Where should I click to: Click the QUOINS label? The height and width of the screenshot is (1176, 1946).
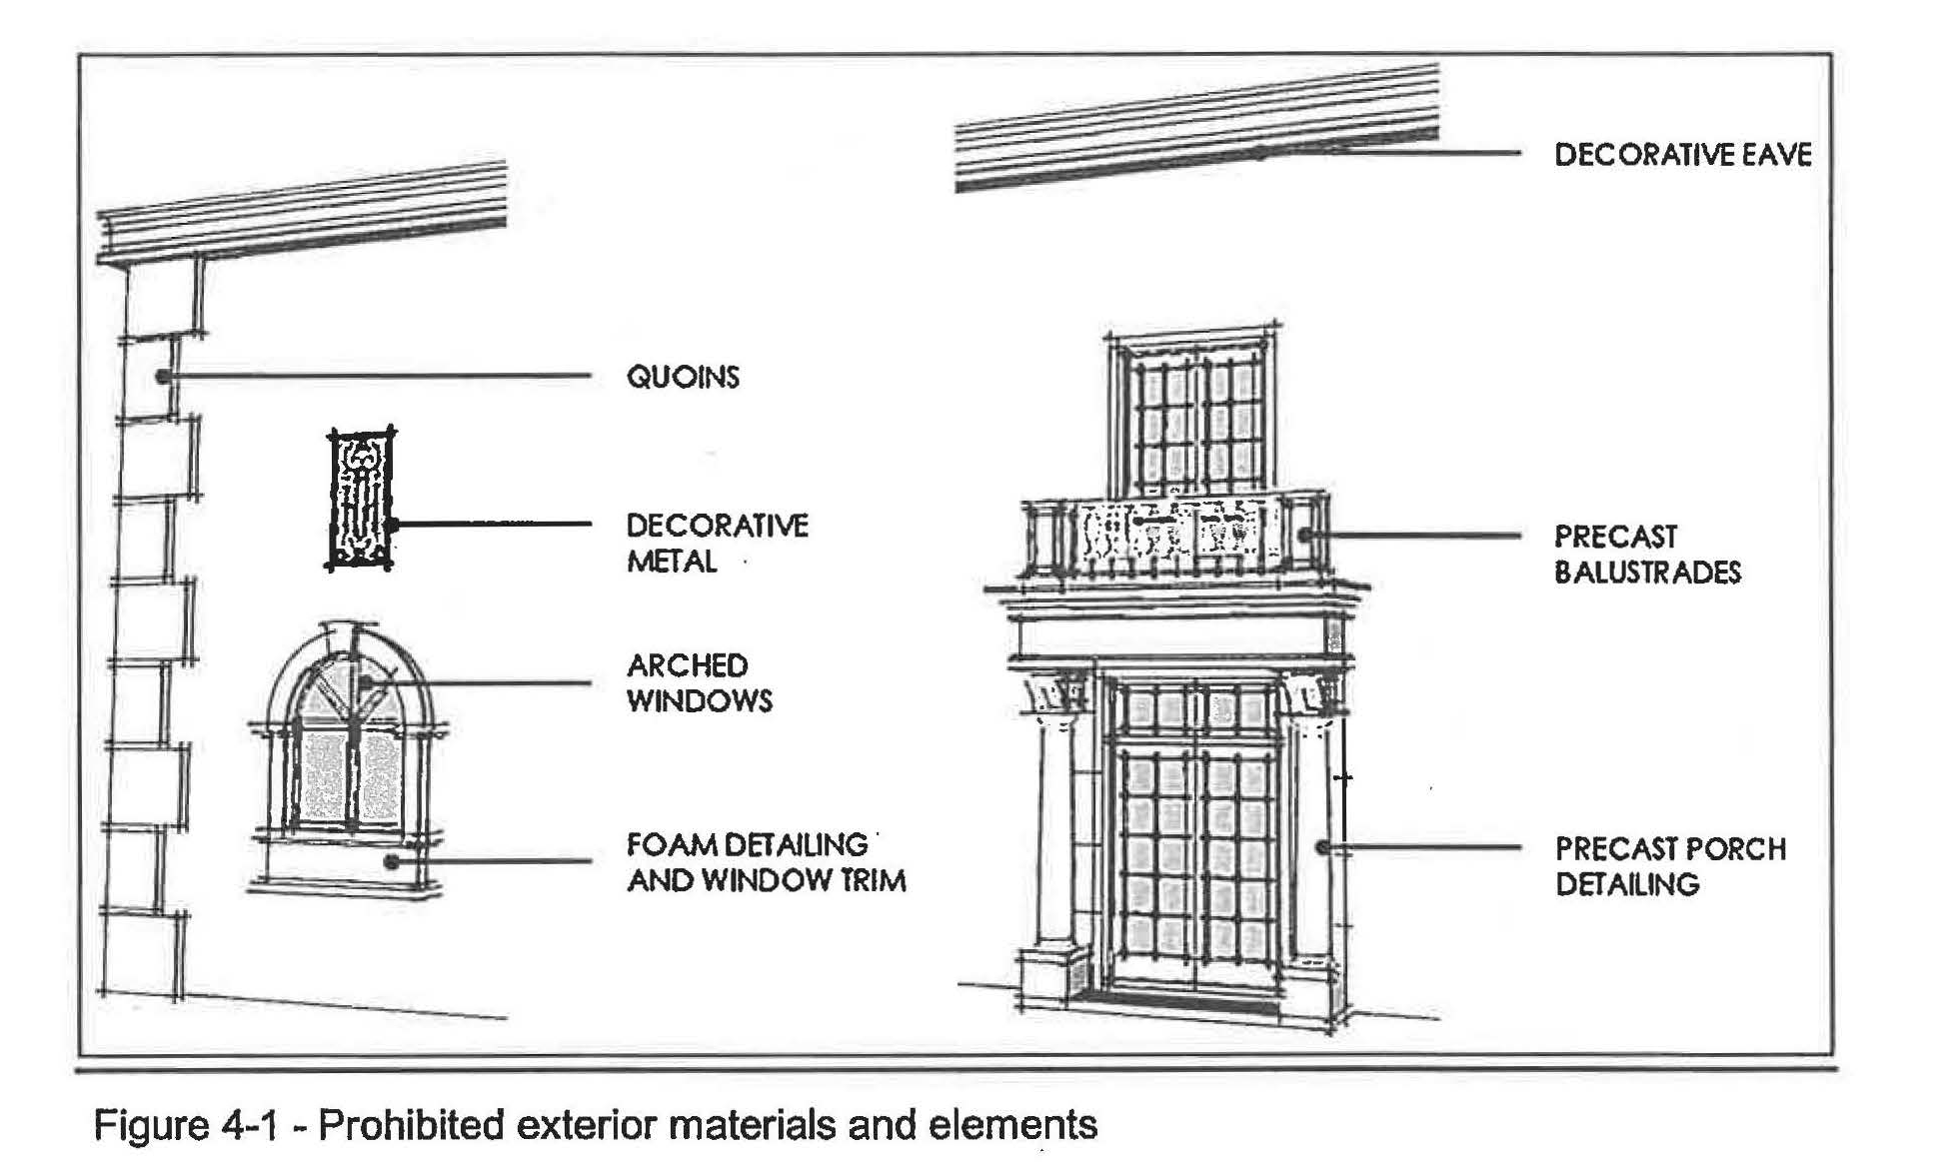point(683,377)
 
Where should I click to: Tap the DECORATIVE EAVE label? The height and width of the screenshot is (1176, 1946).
point(1682,155)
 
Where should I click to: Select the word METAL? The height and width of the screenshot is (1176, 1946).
point(672,562)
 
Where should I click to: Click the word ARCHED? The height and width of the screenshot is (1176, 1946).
point(687,665)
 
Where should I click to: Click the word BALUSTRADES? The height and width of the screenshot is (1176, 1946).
point(1647,573)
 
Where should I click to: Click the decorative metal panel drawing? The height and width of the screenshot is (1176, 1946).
point(360,499)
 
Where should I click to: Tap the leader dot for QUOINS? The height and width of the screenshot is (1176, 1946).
point(162,377)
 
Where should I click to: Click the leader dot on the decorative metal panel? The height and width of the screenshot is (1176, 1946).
point(393,524)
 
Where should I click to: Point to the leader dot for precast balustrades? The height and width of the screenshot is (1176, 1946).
point(1304,536)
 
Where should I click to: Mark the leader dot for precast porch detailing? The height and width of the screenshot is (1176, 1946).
point(1322,848)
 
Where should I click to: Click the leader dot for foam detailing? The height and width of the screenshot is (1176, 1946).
point(392,860)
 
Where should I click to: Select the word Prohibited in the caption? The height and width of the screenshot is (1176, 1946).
point(411,1126)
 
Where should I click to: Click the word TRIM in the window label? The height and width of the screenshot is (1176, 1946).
point(872,881)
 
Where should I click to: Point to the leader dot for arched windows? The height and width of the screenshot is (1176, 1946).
point(367,681)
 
